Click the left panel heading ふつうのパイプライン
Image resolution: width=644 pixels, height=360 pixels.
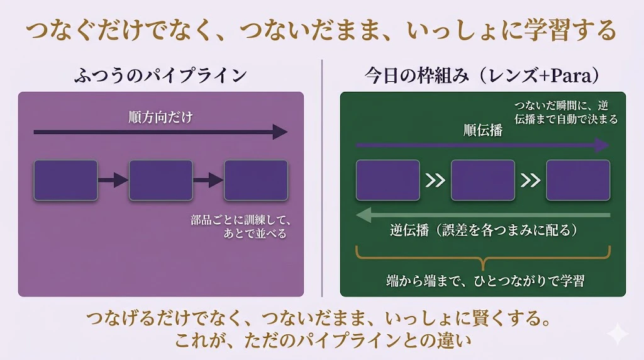(160, 75)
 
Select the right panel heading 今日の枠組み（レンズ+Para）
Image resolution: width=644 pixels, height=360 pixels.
(482, 75)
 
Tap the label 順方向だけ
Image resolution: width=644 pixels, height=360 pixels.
(160, 117)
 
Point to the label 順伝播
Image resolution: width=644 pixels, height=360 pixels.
(483, 130)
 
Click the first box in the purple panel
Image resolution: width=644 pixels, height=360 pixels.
(65, 181)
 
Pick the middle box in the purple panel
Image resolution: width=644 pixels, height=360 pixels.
(160, 181)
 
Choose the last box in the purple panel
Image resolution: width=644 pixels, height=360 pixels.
(256, 181)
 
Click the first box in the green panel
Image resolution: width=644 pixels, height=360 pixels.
(387, 181)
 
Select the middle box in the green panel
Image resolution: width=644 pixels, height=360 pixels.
(483, 181)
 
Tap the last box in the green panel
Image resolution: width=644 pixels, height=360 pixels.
(578, 181)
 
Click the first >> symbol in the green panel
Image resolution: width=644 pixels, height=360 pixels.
(435, 181)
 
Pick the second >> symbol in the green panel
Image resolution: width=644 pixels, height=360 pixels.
(531, 181)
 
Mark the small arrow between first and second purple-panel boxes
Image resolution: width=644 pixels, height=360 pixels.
(113, 180)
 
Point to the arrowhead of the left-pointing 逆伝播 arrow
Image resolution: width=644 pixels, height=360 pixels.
(364, 215)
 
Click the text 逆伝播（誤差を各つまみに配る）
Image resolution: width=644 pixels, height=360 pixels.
(484, 230)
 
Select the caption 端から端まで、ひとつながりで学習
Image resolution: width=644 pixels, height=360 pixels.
(485, 281)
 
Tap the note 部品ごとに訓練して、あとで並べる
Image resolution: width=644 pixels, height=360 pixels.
(241, 227)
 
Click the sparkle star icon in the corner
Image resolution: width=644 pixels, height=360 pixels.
(618, 334)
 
